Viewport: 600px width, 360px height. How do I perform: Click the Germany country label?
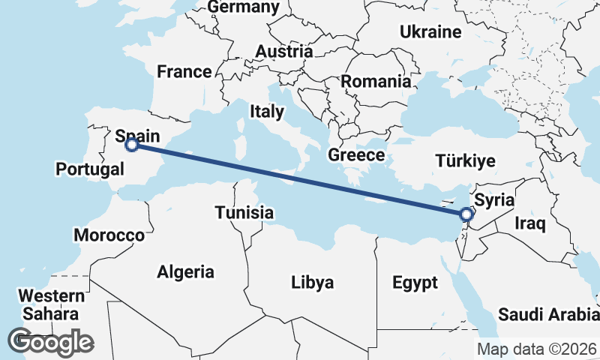(244, 7)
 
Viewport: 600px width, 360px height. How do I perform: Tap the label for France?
(184, 72)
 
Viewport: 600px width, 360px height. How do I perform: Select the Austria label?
(283, 52)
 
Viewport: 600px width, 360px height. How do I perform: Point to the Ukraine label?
(430, 32)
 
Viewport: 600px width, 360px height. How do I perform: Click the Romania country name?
(376, 82)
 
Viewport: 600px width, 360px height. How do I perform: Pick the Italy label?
(267, 112)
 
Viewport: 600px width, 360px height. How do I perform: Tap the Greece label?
(355, 155)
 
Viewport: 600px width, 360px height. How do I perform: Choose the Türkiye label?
(466, 160)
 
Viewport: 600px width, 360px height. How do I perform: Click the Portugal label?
(90, 169)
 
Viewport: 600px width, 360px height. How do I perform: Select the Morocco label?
(109, 235)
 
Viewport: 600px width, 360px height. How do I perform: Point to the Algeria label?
(185, 272)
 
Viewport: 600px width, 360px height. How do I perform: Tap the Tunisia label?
(244, 212)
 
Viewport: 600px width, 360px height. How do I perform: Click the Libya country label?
(312, 283)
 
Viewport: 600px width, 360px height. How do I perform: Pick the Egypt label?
(414, 283)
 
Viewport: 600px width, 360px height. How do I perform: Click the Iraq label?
(529, 223)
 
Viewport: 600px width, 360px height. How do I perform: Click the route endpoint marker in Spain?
(131, 145)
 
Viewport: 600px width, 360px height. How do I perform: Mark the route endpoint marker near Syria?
(466, 214)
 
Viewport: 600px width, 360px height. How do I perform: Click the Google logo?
(50, 342)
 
